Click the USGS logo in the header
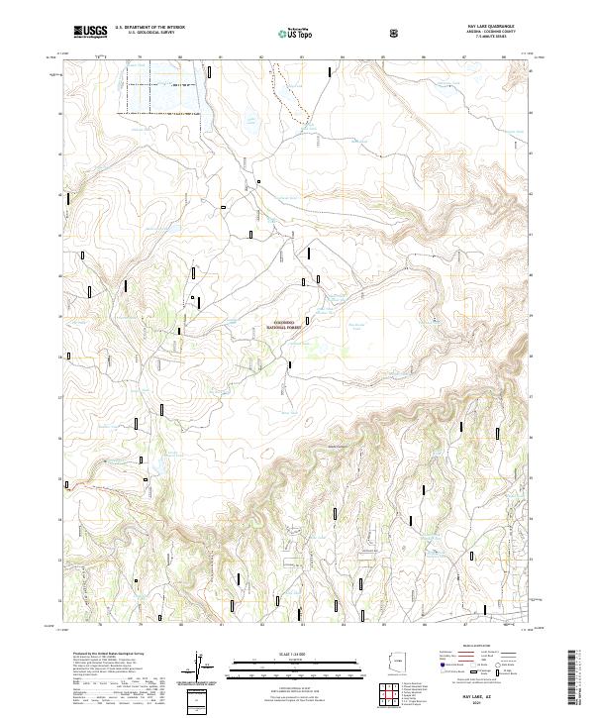click(x=89, y=32)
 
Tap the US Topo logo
click(x=284, y=33)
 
